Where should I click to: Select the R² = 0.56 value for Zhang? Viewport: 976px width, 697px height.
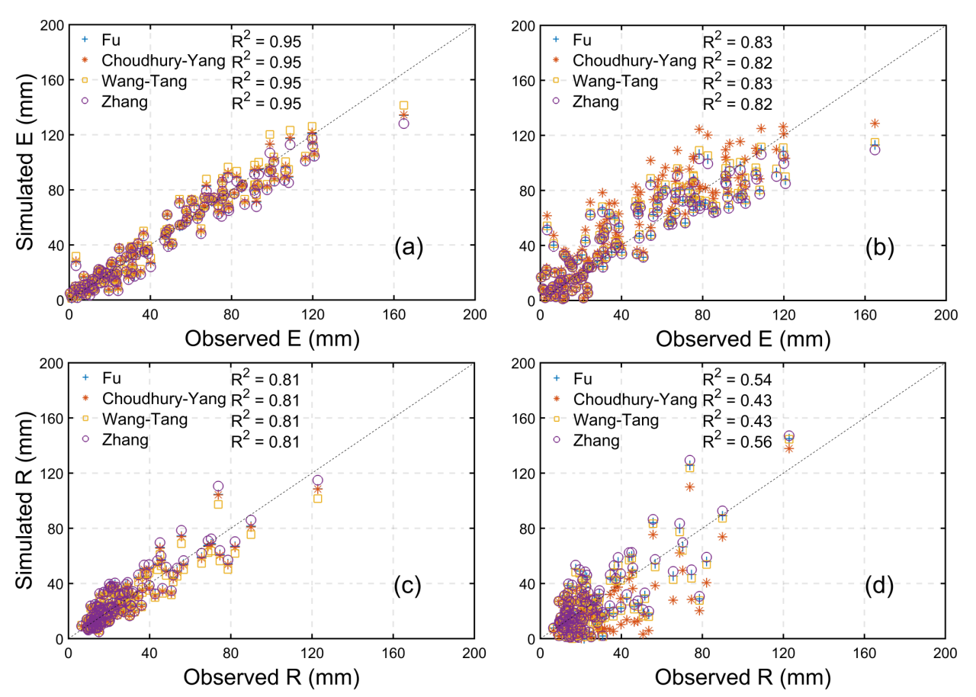(x=737, y=441)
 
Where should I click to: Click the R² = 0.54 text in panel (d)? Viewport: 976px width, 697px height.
(x=737, y=378)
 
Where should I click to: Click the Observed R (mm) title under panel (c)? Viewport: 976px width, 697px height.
(x=271, y=676)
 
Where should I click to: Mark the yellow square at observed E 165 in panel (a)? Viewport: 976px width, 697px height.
(x=403, y=106)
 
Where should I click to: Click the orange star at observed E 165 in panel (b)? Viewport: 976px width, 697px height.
(x=875, y=124)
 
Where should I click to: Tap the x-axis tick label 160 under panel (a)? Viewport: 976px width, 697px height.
(x=393, y=314)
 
